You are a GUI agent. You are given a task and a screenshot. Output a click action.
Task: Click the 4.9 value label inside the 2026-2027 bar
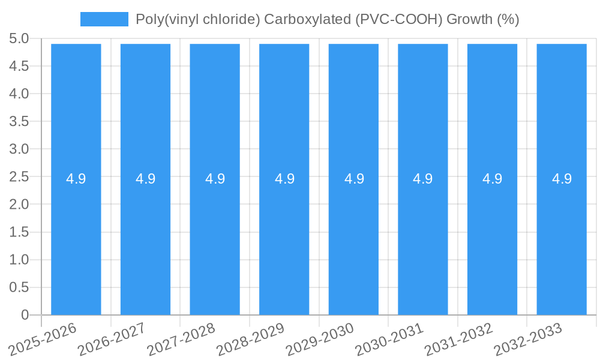coord(145,179)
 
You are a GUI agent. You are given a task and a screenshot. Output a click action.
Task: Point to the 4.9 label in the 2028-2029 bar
coord(284,179)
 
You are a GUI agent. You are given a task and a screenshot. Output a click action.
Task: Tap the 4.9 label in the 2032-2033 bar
coord(562,179)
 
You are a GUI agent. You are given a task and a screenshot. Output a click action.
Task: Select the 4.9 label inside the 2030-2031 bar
coord(423,179)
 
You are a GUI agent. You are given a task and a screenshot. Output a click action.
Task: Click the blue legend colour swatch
coord(104,19)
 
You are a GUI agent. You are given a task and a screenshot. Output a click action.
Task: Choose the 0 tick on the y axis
coord(25,315)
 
